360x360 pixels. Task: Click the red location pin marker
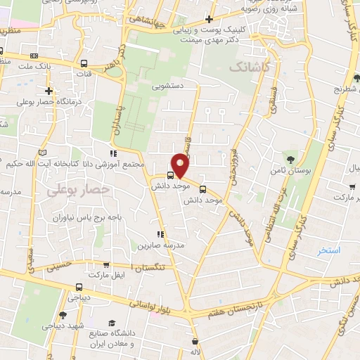[x=181, y=165]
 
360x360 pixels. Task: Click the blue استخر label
[x=328, y=250]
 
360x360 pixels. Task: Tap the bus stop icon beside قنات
[x=84, y=63]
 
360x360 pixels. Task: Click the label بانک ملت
[x=34, y=67]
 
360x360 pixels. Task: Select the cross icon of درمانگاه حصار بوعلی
[x=49, y=91]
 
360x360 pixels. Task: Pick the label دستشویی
[x=169, y=87]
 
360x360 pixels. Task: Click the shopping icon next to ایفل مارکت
[x=106, y=265]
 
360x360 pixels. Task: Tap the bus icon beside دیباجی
[x=78, y=287]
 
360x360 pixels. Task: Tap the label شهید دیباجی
[x=64, y=326]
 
